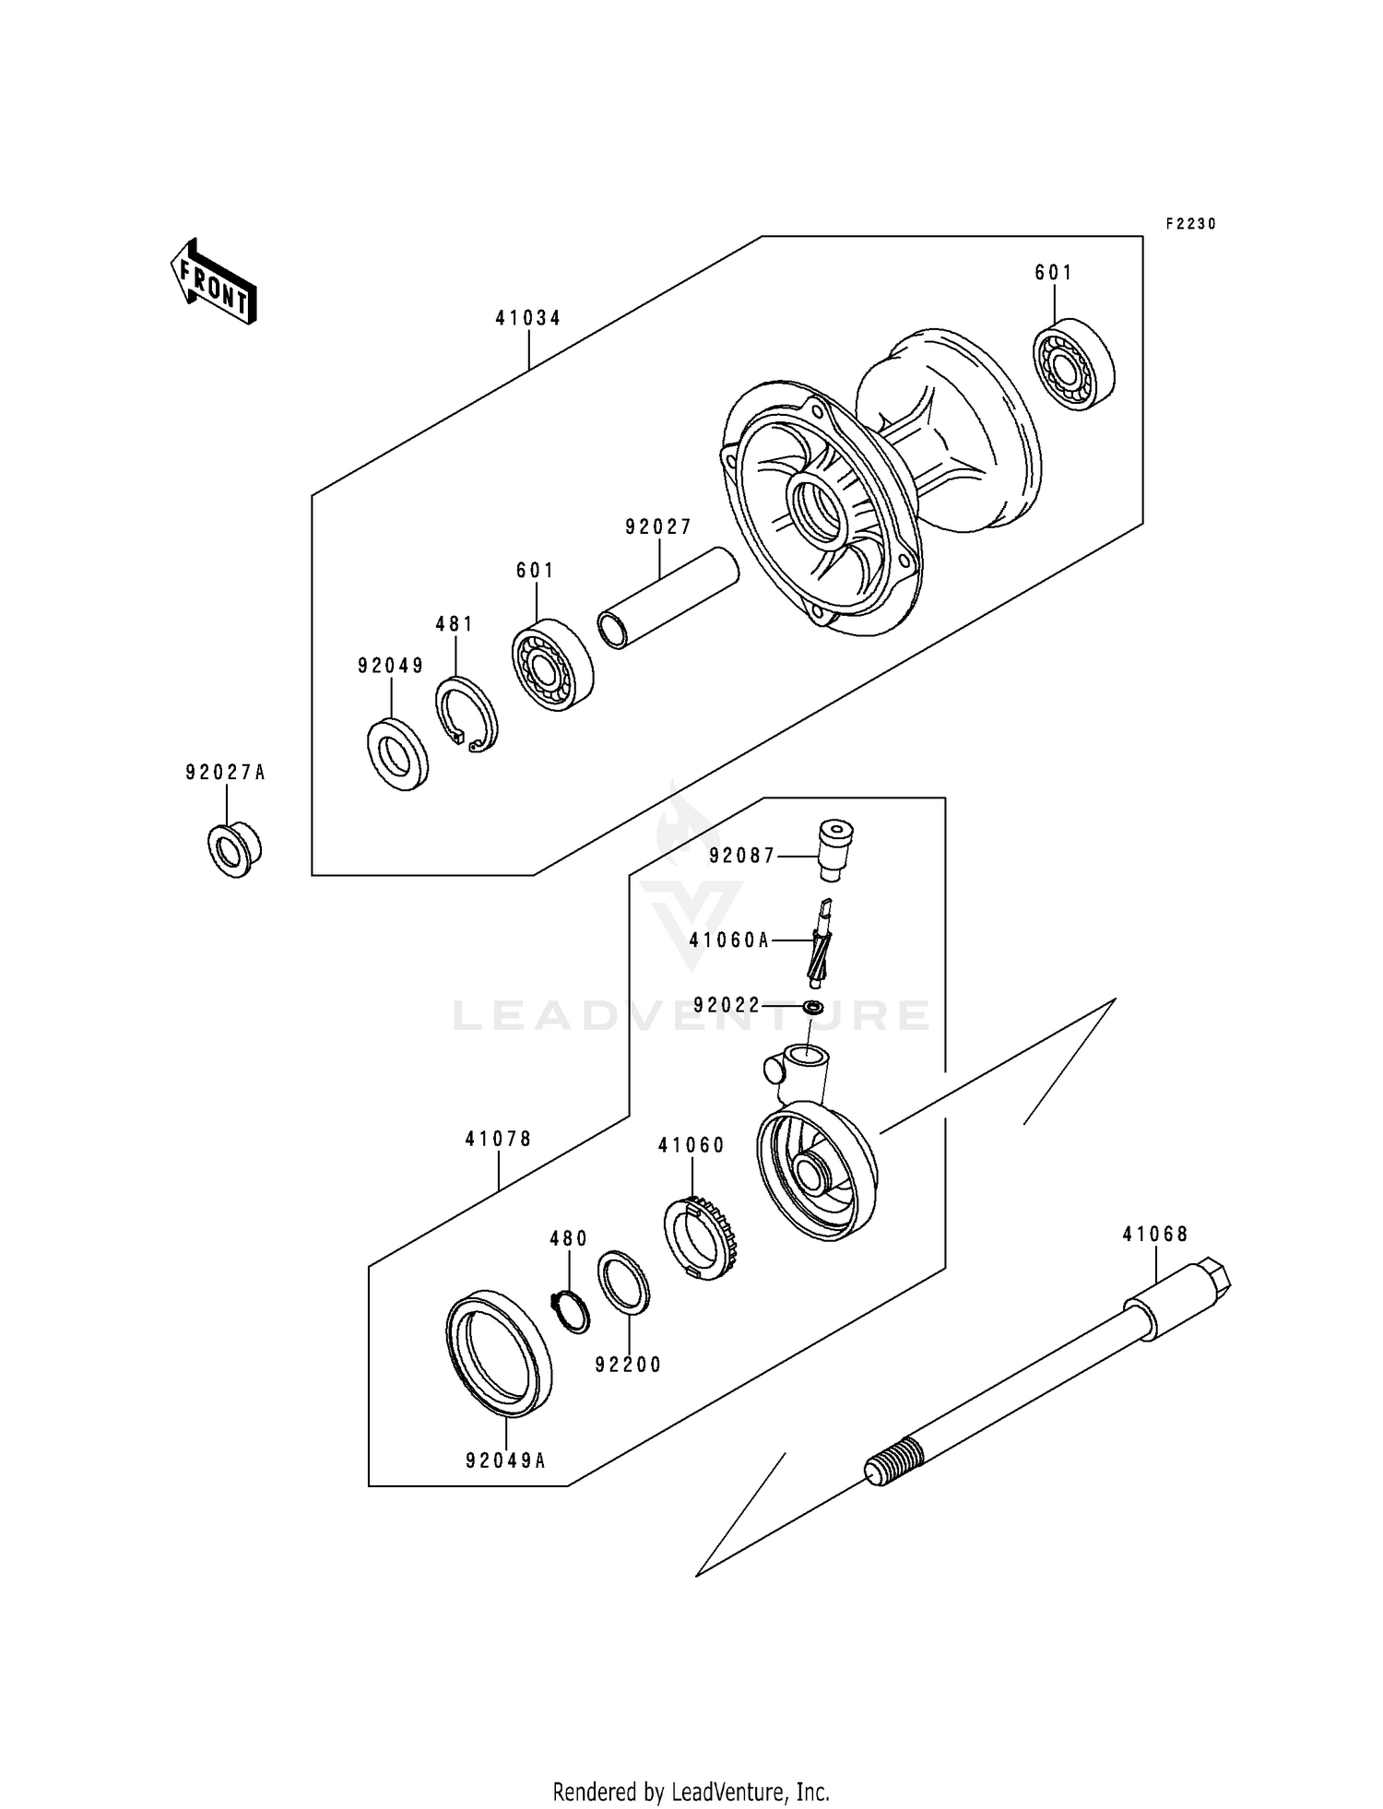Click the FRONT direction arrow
[x=213, y=283]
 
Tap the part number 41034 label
[x=528, y=318]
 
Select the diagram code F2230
[x=1190, y=224]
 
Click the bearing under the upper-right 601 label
[x=1072, y=364]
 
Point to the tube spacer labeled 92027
[x=668, y=599]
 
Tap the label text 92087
[x=742, y=856]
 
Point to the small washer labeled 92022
[x=812, y=1007]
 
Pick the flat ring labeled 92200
[x=624, y=1282]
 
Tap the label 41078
[x=498, y=1139]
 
